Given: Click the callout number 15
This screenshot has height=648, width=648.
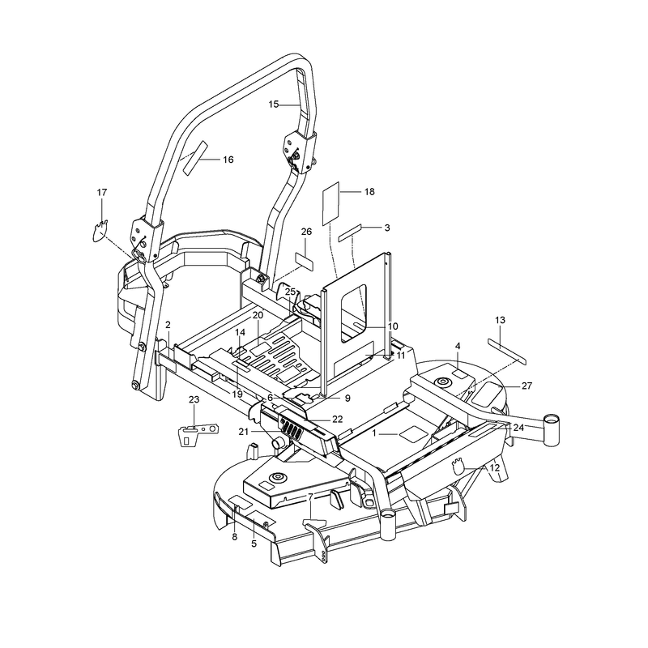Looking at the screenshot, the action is [x=274, y=104].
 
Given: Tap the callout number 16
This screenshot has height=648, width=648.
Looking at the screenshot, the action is [x=228, y=160].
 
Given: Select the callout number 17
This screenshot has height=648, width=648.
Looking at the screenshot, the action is [x=102, y=193].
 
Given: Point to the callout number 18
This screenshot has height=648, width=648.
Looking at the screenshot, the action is [x=369, y=192].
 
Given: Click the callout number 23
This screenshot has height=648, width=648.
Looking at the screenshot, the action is [x=194, y=399].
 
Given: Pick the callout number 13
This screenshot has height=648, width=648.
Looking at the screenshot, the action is [x=500, y=320].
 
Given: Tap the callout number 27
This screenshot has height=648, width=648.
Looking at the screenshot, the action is [x=527, y=386].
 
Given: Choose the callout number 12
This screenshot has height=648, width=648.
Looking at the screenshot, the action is [x=494, y=468].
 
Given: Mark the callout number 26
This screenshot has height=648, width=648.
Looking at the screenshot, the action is [x=306, y=232].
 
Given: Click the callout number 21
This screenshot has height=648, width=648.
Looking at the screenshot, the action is [x=244, y=432].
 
